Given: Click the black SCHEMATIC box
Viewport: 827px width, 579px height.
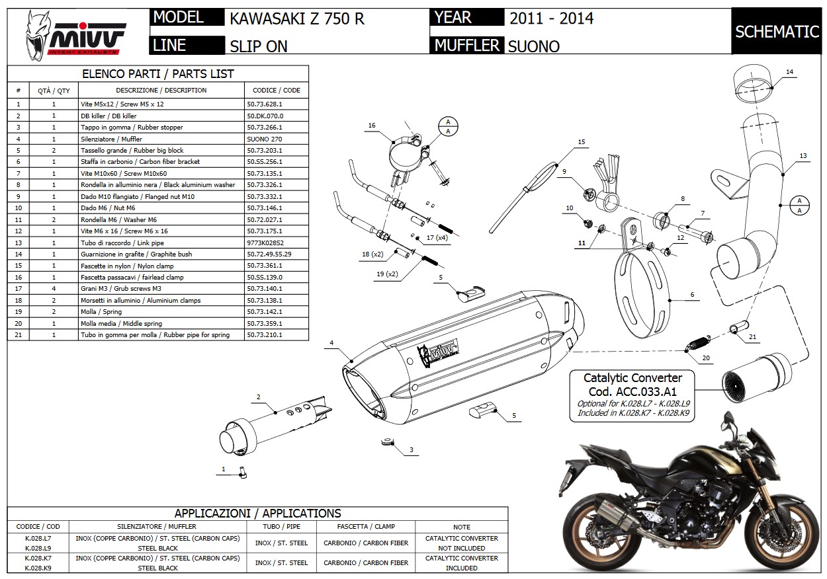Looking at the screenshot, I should point(777,31).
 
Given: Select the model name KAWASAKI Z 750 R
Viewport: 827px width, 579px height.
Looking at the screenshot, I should point(297,18).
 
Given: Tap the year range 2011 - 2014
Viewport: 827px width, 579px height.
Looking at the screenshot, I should point(551,18).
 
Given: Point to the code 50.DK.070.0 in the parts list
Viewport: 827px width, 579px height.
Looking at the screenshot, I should point(265,116).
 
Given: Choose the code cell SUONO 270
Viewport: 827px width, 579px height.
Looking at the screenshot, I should point(265,139).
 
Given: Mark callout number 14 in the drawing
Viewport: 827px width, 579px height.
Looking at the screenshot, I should point(789,71).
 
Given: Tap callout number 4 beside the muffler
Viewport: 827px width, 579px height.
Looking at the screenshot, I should point(331,342).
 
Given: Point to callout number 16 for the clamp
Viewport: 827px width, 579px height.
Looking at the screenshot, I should point(372,126).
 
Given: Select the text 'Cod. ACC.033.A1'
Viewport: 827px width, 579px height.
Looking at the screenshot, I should point(632,391).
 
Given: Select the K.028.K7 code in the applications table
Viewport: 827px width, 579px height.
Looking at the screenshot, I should point(38,558).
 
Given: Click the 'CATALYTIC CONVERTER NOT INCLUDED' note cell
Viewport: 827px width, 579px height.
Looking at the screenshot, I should point(461,543).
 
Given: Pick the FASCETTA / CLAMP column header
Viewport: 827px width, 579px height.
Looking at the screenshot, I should point(365,526).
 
